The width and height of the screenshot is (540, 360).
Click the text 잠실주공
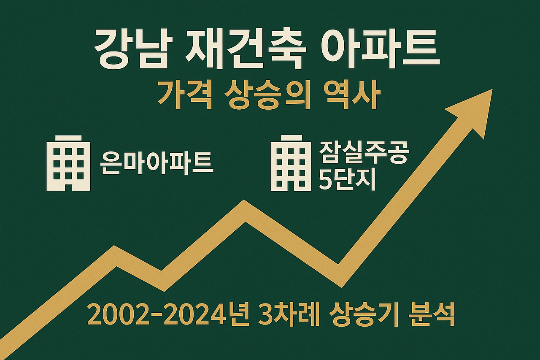[364, 153]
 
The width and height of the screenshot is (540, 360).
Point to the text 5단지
[347, 181]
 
